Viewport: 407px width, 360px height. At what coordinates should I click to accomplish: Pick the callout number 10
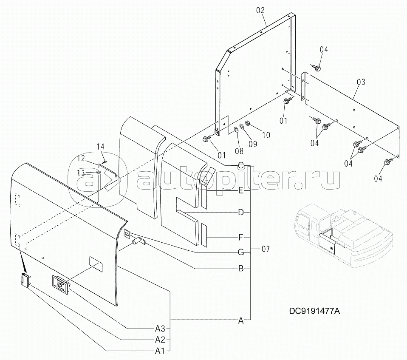(266, 135)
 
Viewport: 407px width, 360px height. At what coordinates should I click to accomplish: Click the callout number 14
(100, 147)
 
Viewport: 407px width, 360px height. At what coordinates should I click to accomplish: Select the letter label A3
(160, 328)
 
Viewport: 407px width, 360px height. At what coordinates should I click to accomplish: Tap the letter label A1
(160, 351)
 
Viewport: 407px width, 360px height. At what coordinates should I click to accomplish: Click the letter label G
(240, 252)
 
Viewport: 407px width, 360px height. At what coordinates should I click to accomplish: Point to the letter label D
(240, 212)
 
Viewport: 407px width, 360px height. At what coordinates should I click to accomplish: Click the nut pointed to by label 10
(248, 125)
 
